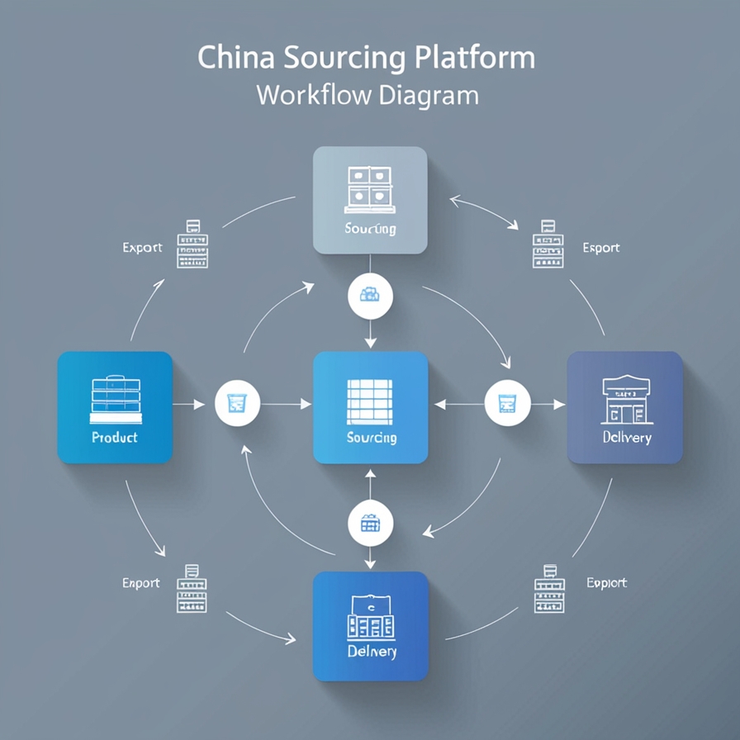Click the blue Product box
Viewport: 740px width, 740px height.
[x=115, y=407]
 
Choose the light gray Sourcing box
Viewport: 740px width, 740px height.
[x=370, y=200]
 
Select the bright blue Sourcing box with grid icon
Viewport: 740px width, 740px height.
[x=371, y=407]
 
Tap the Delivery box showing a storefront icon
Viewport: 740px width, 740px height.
[x=625, y=407]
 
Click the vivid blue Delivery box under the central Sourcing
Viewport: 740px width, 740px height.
[x=371, y=626]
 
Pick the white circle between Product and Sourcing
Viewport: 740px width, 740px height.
[x=237, y=404]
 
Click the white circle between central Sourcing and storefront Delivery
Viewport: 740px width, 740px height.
[x=507, y=404]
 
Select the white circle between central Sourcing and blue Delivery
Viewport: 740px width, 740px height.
[x=370, y=522]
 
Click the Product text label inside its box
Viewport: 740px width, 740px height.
[x=115, y=438]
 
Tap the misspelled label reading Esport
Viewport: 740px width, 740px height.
[x=601, y=248]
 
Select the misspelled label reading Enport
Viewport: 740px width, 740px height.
[x=141, y=583]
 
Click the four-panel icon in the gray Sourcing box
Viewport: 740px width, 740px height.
[x=370, y=187]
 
